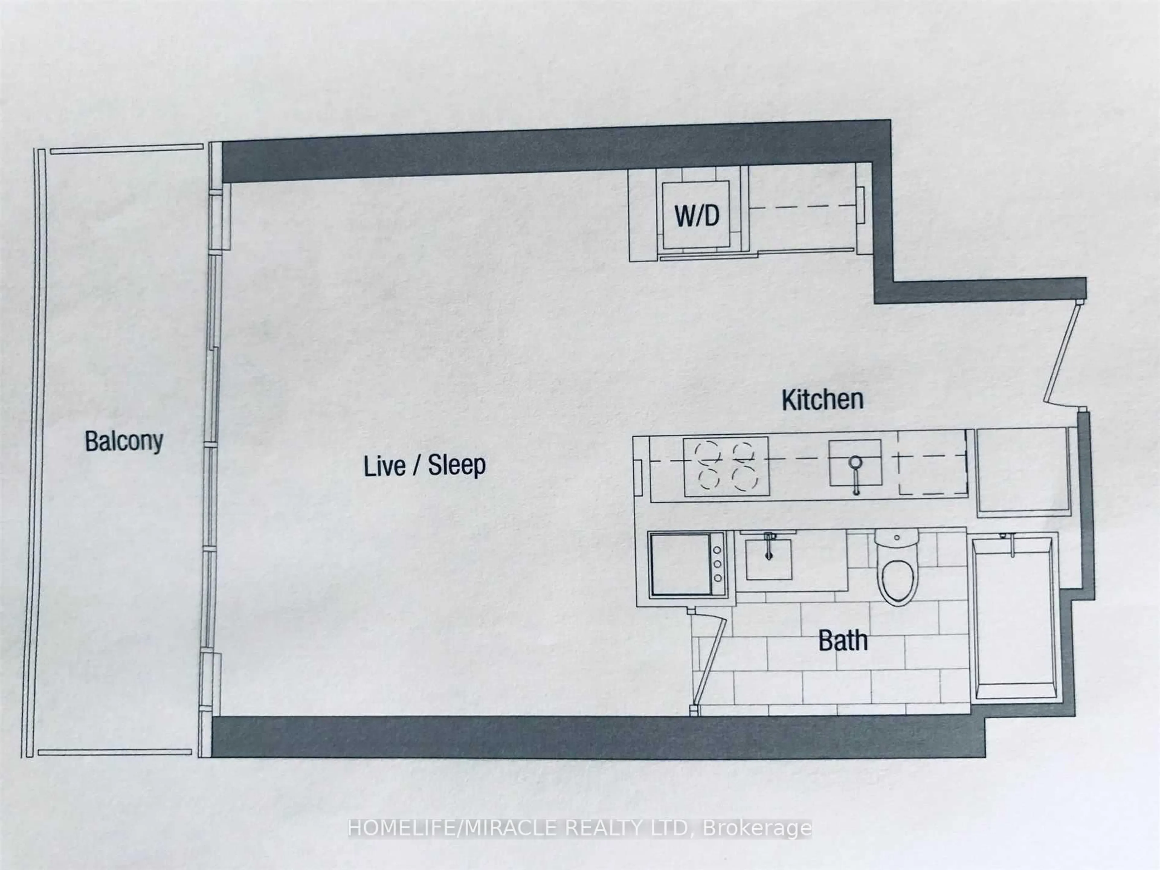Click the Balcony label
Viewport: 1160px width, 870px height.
(x=124, y=442)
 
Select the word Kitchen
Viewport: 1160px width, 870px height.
(x=822, y=400)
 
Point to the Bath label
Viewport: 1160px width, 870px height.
(x=843, y=641)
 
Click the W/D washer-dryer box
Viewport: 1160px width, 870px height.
(x=696, y=215)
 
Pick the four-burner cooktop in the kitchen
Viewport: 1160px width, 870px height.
(x=726, y=466)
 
